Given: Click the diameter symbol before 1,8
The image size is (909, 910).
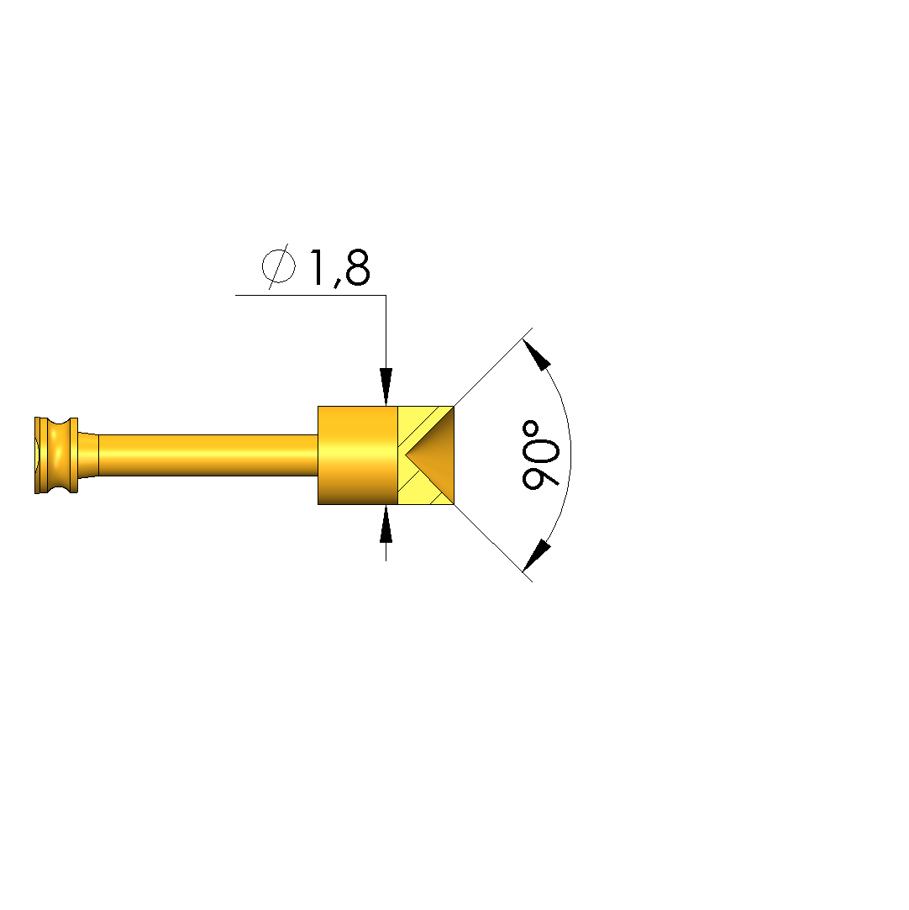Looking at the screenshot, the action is (x=278, y=267).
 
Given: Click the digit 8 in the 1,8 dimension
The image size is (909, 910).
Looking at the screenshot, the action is (x=357, y=267).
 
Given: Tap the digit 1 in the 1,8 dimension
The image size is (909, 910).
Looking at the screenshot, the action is (x=318, y=267).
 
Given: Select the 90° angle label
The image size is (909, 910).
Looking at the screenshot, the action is (x=541, y=455).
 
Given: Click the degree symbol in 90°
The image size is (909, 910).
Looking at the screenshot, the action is (x=531, y=430).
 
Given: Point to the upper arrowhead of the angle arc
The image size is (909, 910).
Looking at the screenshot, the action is (x=537, y=355).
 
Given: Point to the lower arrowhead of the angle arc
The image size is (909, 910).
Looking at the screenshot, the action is (x=537, y=555).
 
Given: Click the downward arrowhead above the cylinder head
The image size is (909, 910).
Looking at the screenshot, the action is (x=386, y=387).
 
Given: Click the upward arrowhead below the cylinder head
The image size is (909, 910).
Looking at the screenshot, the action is (x=386, y=524).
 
